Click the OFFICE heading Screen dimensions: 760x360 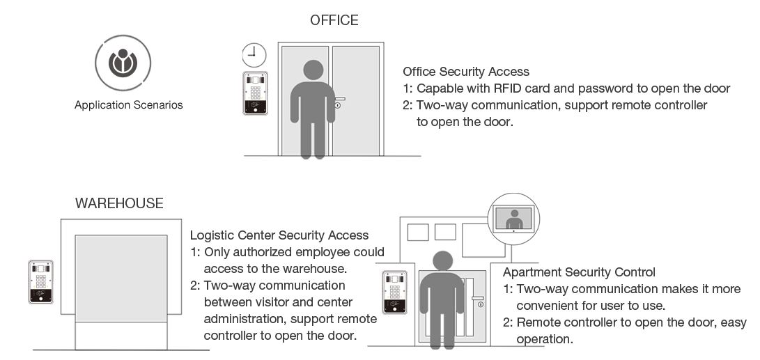[x=334, y=20]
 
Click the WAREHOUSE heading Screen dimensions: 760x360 [x=119, y=203]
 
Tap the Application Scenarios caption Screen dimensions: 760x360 [x=128, y=105]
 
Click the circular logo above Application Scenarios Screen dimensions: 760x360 [x=123, y=63]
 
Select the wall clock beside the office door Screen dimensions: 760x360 [x=254, y=55]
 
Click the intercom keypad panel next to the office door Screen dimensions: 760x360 [x=255, y=93]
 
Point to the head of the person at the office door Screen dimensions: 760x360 [x=313, y=70]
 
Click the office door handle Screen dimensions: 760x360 [x=340, y=99]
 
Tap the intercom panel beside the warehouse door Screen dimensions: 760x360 [x=40, y=282]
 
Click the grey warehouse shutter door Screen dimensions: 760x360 [x=121, y=278]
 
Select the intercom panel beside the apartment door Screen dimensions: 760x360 [x=394, y=292]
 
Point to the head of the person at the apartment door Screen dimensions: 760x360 [x=442, y=260]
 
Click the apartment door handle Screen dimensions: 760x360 [x=477, y=298]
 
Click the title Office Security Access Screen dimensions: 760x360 [x=466, y=72]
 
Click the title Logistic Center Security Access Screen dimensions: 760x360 [x=279, y=235]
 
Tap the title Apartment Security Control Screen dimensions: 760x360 [x=579, y=272]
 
